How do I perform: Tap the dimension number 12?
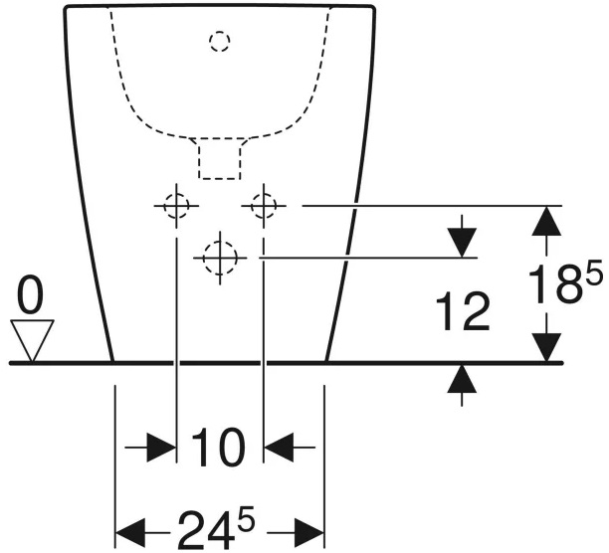(x=463, y=313)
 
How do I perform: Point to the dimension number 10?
(x=218, y=449)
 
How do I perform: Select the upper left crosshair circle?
(x=176, y=206)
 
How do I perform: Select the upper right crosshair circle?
(x=264, y=206)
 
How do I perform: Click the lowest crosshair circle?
(x=219, y=258)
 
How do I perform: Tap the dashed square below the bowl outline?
(x=221, y=159)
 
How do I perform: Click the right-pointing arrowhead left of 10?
(x=159, y=448)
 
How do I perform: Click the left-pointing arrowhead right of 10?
(x=281, y=448)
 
